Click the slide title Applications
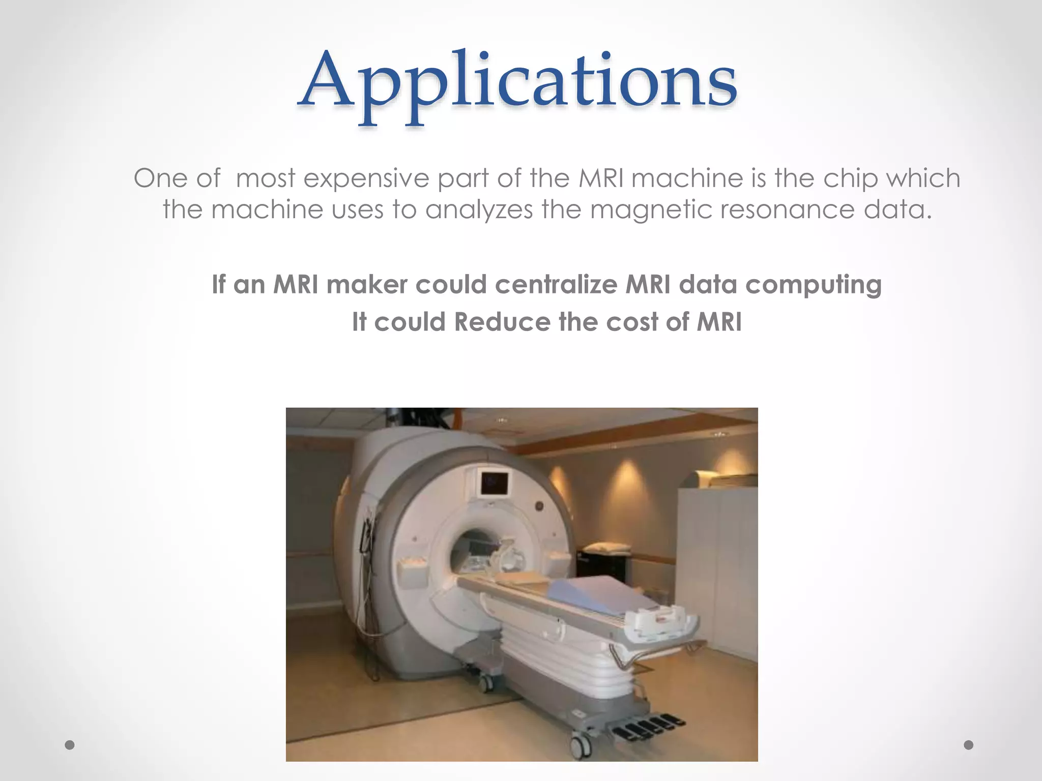(x=517, y=81)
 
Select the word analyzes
(x=479, y=209)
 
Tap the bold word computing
(x=813, y=285)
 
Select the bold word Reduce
(x=502, y=322)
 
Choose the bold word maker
(x=366, y=284)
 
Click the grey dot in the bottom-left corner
(x=70, y=745)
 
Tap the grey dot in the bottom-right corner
(x=969, y=745)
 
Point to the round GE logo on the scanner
(x=538, y=506)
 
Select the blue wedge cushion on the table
(x=600, y=592)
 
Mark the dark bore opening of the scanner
(x=471, y=549)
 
